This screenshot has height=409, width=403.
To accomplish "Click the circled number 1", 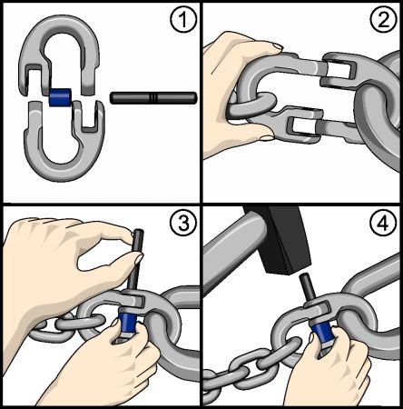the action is (183, 20).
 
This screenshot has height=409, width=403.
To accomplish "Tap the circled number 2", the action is (383, 20).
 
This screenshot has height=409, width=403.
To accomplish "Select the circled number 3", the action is (183, 224).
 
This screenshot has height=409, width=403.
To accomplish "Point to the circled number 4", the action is (383, 224).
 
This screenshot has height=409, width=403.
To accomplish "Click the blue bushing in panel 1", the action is (60, 97).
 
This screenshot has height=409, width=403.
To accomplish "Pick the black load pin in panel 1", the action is (153, 98).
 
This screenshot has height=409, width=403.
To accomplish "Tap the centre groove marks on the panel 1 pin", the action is (153, 98).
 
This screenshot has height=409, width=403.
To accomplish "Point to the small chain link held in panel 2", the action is (252, 106).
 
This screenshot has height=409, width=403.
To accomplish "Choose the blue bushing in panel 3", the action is (127, 323).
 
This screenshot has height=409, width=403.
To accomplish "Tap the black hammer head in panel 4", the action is (280, 239).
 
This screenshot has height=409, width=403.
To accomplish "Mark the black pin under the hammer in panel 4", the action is (307, 288).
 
